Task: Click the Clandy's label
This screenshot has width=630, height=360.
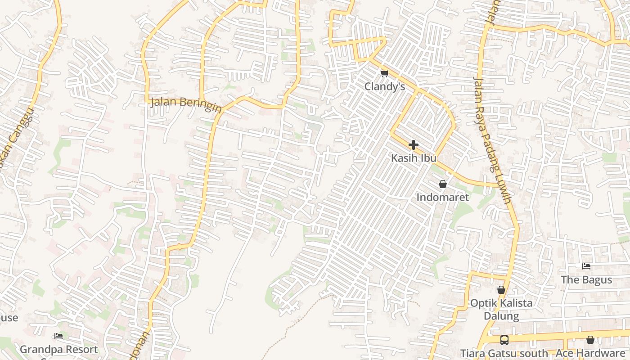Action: click(384, 86)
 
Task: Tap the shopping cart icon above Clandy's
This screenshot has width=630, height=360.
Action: click(384, 73)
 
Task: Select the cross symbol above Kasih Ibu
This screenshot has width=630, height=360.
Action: click(413, 145)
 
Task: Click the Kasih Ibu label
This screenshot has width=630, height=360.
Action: click(413, 158)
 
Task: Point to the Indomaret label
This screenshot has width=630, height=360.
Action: click(442, 197)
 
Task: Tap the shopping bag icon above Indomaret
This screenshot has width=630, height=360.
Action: click(442, 184)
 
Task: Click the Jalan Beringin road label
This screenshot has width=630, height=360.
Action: click(186, 103)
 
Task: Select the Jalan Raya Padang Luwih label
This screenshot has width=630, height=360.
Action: click(492, 139)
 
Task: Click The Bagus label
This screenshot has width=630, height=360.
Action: click(586, 280)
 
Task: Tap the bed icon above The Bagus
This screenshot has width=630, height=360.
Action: click(586, 266)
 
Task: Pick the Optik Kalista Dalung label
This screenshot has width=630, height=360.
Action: click(501, 309)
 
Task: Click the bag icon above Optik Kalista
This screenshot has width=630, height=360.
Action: click(501, 290)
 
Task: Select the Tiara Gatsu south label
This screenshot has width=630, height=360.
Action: click(504, 353)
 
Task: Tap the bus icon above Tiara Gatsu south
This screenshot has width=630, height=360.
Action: click(504, 340)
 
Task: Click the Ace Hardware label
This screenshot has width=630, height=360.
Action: click(590, 353)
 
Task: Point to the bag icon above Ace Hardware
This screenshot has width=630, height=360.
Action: click(590, 340)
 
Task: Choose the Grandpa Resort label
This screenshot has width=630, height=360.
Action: click(58, 349)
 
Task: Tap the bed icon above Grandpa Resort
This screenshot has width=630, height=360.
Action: click(58, 336)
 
